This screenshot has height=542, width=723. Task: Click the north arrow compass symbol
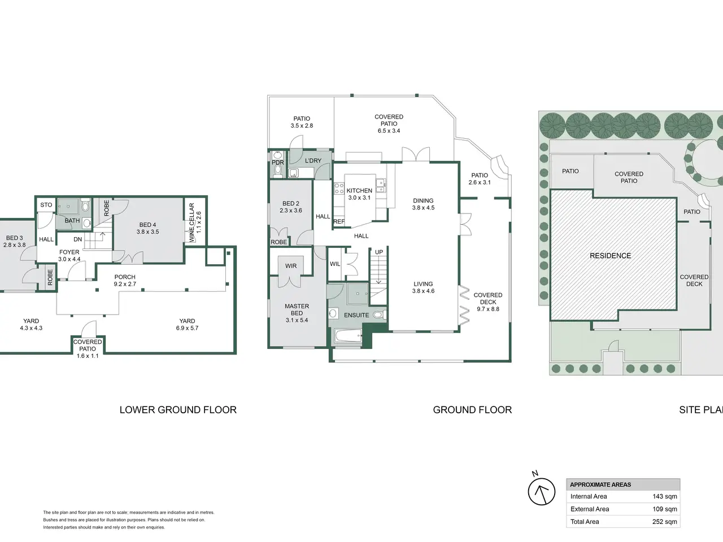(541, 492)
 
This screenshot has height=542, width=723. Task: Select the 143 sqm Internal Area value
(665, 496)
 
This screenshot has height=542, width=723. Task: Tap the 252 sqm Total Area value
(665, 522)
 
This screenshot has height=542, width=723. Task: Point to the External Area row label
(590, 509)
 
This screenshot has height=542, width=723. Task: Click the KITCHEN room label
(359, 190)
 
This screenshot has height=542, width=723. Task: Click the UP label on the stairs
(379, 252)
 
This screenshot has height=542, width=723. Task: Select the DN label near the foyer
(77, 239)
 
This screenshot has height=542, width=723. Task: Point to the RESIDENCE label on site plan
(611, 256)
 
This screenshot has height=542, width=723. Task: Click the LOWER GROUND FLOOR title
(178, 410)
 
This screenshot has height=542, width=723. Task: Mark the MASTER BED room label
(297, 309)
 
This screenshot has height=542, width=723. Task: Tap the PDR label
(278, 163)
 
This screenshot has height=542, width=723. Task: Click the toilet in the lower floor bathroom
(85, 206)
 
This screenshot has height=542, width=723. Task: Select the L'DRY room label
(313, 160)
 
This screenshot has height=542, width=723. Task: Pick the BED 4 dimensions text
(147, 231)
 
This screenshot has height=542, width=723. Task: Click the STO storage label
(46, 205)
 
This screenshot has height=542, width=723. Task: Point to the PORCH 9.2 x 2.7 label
(125, 281)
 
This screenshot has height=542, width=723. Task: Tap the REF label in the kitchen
(338, 222)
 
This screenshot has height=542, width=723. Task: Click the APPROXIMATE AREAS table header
(600, 485)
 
